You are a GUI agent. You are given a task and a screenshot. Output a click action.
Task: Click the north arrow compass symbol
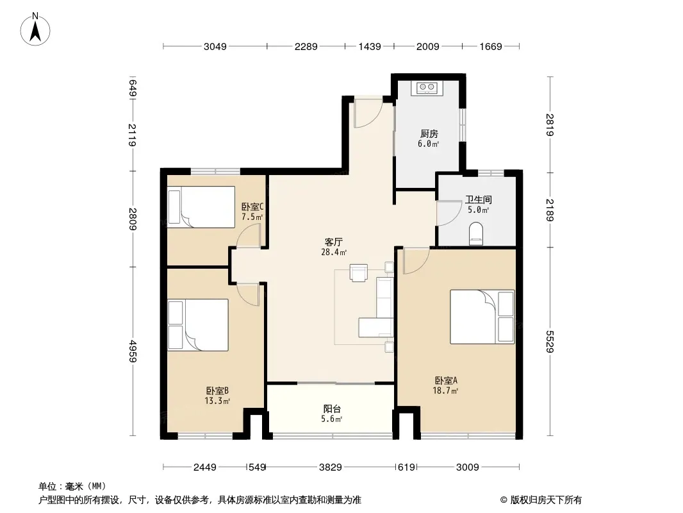coord(35,29)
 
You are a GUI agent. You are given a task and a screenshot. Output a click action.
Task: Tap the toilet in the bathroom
coord(476,234)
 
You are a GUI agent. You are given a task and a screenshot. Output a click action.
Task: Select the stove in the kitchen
coord(427,88)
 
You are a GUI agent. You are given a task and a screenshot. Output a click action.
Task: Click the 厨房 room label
coord(429,134)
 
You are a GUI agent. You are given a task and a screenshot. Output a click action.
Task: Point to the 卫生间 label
coord(478,199)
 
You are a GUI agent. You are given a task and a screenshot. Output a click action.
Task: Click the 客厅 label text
coord(334,242)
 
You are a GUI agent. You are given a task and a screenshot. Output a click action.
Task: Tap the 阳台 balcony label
coord(332,409)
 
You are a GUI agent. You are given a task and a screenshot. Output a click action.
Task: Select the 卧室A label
coord(446,380)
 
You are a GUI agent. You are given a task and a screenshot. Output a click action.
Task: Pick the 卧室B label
coord(217,391)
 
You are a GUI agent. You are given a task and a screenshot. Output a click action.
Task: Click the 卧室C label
coord(252,206)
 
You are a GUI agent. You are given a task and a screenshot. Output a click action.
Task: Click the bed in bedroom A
coord(482,317)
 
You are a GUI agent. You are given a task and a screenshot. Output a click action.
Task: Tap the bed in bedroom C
coord(201,207)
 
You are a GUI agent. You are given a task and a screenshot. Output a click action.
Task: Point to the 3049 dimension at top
coord(215,46)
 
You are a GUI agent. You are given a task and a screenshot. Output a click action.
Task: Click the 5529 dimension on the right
coord(550,342)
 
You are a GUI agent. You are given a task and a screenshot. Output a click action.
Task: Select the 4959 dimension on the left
coord(133,351)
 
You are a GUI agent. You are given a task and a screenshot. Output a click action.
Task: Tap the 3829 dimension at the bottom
coord(330,467)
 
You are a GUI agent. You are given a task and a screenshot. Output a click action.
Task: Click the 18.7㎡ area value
coord(445,391)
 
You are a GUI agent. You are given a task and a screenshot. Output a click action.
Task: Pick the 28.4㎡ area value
coord(334,252)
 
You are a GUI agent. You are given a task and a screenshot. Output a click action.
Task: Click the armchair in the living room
coord(359,273)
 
